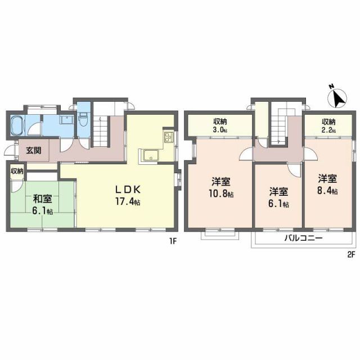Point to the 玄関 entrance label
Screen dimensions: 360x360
click(33, 150)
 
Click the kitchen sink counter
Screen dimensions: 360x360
click(151, 156)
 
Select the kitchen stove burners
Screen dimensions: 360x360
click(169, 137)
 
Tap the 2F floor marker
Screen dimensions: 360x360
click(351, 254)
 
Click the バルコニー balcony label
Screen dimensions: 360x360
click(302, 238)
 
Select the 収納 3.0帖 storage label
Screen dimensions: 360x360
click(219, 125)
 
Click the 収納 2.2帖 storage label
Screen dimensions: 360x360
click(328, 125)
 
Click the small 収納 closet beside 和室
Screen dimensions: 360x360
click(16, 170)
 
